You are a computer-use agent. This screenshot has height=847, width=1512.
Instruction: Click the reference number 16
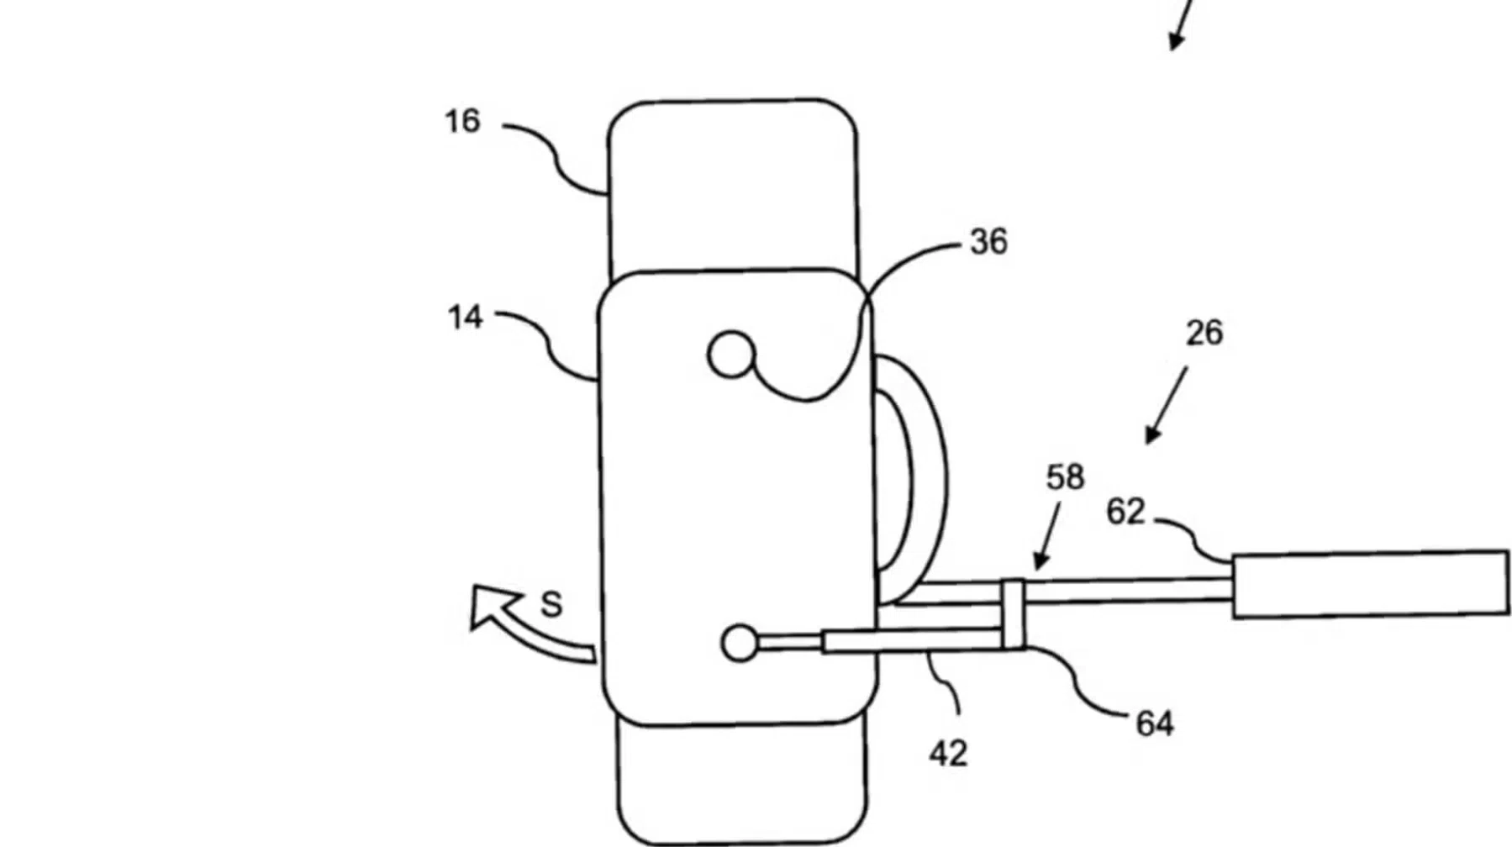coord(462,122)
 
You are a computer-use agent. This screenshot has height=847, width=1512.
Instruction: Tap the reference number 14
coord(465,318)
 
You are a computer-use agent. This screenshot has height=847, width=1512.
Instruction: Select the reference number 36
coord(988,242)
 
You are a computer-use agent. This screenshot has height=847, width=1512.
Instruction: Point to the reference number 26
coord(1204,334)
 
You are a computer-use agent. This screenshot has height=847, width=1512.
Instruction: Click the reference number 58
coord(1065,477)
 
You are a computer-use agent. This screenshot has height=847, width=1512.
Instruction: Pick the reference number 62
coord(1125,512)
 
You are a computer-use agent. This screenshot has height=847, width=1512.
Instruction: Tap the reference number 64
coord(1154,723)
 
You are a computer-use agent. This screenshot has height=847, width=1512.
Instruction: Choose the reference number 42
coord(948,754)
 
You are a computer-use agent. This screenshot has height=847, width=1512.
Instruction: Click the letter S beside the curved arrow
coord(551,604)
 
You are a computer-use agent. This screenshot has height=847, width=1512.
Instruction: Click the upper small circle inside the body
coord(731,355)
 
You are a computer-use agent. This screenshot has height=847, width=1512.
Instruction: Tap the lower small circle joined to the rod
coord(740,643)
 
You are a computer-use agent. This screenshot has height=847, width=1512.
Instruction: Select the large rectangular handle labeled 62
coord(1370,584)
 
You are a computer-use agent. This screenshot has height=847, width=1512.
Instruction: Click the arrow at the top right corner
coord(1181,25)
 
